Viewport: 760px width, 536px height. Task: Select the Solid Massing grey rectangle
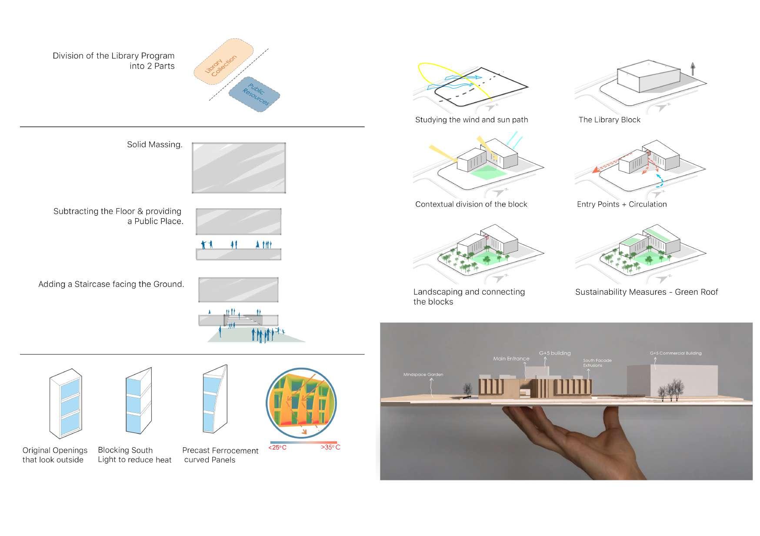coord(239,168)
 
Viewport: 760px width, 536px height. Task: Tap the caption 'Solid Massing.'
coord(154,145)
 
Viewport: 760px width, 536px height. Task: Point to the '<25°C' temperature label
coord(277,447)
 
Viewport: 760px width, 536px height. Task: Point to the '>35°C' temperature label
coord(330,447)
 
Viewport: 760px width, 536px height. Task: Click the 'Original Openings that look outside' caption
coord(54,455)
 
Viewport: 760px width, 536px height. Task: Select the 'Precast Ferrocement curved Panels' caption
coord(220,455)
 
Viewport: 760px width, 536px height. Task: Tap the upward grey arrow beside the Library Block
coord(693,69)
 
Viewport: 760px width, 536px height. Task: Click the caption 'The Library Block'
coord(609,120)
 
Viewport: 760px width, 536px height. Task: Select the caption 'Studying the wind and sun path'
coord(471,120)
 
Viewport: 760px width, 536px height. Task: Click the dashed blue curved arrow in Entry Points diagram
coord(660,181)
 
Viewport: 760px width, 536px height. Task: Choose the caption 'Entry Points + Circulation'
coord(621,204)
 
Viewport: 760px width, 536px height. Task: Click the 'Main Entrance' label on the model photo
coord(511,359)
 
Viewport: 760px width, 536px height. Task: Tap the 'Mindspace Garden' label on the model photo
coord(423,374)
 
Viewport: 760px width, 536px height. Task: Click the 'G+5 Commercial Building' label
coord(675,353)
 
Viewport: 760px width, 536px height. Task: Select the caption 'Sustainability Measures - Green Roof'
coord(646,292)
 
